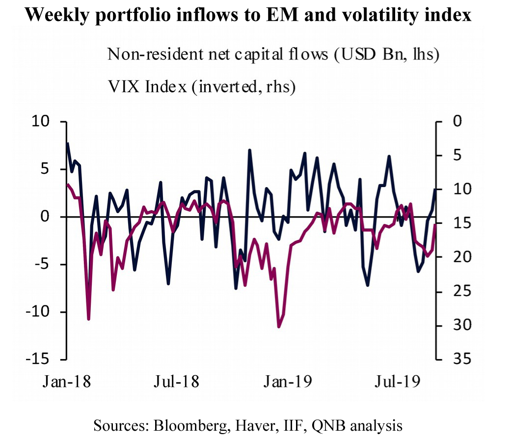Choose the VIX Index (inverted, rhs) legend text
pyautogui.click(x=201, y=87)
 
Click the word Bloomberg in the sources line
pyautogui.click(x=186, y=425)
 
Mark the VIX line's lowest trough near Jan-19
pyautogui.click(x=279, y=327)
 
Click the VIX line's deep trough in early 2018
pyautogui.click(x=89, y=319)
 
